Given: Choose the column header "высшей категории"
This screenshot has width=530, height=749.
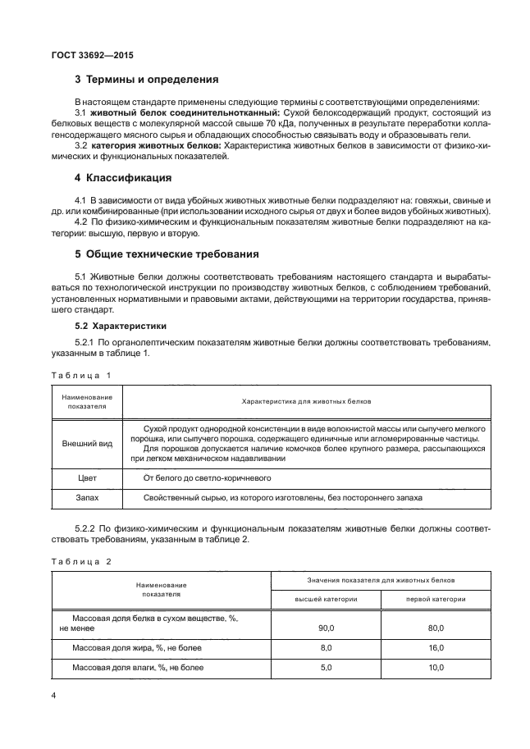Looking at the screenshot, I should coord(326,599).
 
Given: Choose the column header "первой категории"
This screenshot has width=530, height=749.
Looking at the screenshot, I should coord(436,599).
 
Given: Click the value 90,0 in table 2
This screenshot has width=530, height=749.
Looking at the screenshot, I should coord(326,628).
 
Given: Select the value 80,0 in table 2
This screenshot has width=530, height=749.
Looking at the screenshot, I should coord(436,628).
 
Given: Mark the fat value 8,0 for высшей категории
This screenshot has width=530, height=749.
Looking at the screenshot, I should coord(326,647).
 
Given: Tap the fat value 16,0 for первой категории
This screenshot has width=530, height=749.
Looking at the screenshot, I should coord(436,647).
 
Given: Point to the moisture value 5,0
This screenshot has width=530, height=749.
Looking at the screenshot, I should coord(326,667).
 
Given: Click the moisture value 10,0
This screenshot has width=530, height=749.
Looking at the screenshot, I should coord(436,667).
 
